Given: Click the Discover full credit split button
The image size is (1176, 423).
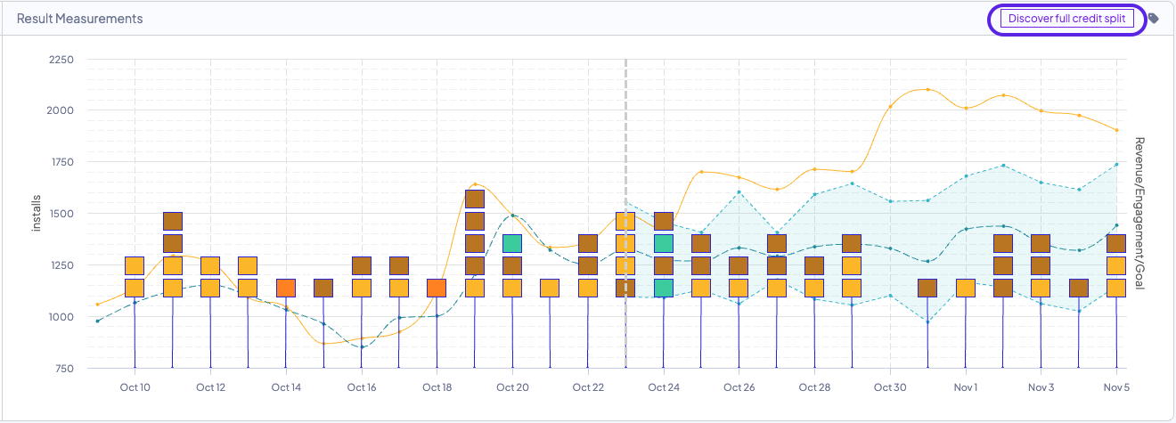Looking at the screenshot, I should pyautogui.click(x=1066, y=19).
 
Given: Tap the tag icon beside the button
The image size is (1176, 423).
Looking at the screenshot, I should pyautogui.click(x=1154, y=19).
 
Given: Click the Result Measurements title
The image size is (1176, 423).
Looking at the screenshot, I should pyautogui.click(x=79, y=19).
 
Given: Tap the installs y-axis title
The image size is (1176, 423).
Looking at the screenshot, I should pyautogui.click(x=37, y=214).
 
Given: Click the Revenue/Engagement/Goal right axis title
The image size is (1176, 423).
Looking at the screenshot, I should pyautogui.click(x=1139, y=214).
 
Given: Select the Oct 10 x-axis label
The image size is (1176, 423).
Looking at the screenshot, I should pyautogui.click(x=135, y=387).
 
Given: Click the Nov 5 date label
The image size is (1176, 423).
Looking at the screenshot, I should pyautogui.click(x=1116, y=387).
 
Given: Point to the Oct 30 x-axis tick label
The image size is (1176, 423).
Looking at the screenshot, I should pyautogui.click(x=890, y=387).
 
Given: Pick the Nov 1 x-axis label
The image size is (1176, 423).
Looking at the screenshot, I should pyautogui.click(x=966, y=387).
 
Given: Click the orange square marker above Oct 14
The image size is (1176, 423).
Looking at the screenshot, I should pyautogui.click(x=286, y=288).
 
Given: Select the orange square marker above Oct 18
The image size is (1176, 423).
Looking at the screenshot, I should pyautogui.click(x=437, y=288).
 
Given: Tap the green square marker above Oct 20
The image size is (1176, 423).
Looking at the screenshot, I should pyautogui.click(x=512, y=243).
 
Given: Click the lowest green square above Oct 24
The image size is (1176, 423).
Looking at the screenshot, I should pyautogui.click(x=663, y=288).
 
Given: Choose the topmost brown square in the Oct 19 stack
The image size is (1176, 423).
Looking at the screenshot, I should pyautogui.click(x=475, y=199).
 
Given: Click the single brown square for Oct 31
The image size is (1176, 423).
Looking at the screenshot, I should pyautogui.click(x=927, y=288).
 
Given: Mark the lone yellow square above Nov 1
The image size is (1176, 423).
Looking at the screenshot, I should pyautogui.click(x=966, y=288).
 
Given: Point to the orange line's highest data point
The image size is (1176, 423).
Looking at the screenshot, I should pyautogui.click(x=927, y=89).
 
